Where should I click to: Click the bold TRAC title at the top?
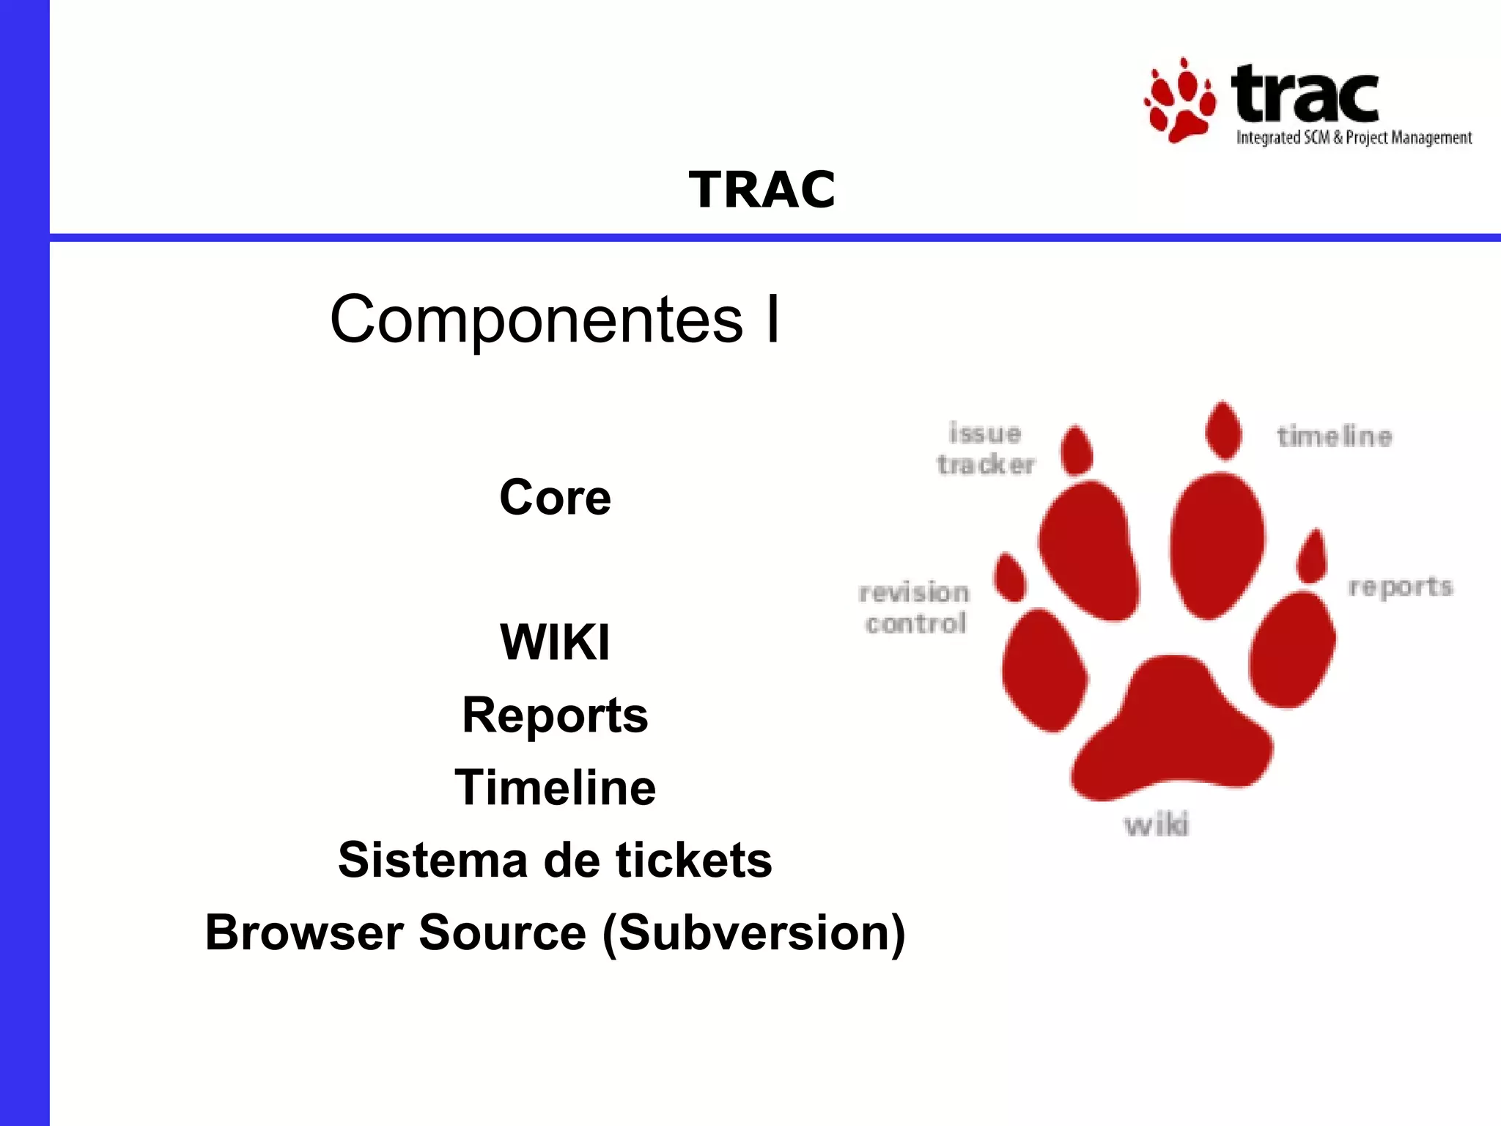point(761,190)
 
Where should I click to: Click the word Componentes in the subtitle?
point(536,320)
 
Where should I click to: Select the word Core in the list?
point(555,497)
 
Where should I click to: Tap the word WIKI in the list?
point(555,642)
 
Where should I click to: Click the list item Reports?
point(555,715)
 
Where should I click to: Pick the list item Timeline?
point(555,787)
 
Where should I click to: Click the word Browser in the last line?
point(304,932)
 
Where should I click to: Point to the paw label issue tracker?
point(985,449)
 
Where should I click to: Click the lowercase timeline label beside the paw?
point(1334,437)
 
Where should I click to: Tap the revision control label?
point(915,608)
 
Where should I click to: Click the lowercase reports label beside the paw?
point(1400,587)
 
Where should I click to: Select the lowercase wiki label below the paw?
point(1157,825)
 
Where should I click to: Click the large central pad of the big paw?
point(1173,733)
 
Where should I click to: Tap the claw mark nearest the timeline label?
point(1223,431)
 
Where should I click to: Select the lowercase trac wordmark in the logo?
point(1305,95)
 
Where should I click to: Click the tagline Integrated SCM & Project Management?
point(1354,138)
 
